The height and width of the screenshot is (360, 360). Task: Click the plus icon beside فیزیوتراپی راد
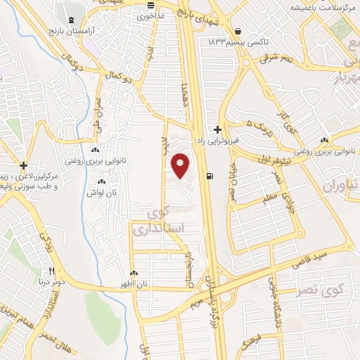[x=218, y=129]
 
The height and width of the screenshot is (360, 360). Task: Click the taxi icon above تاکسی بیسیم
[x=239, y=31]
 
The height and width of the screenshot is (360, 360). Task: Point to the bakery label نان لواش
[x=100, y=192]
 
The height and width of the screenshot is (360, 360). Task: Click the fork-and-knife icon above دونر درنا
[x=51, y=271]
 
